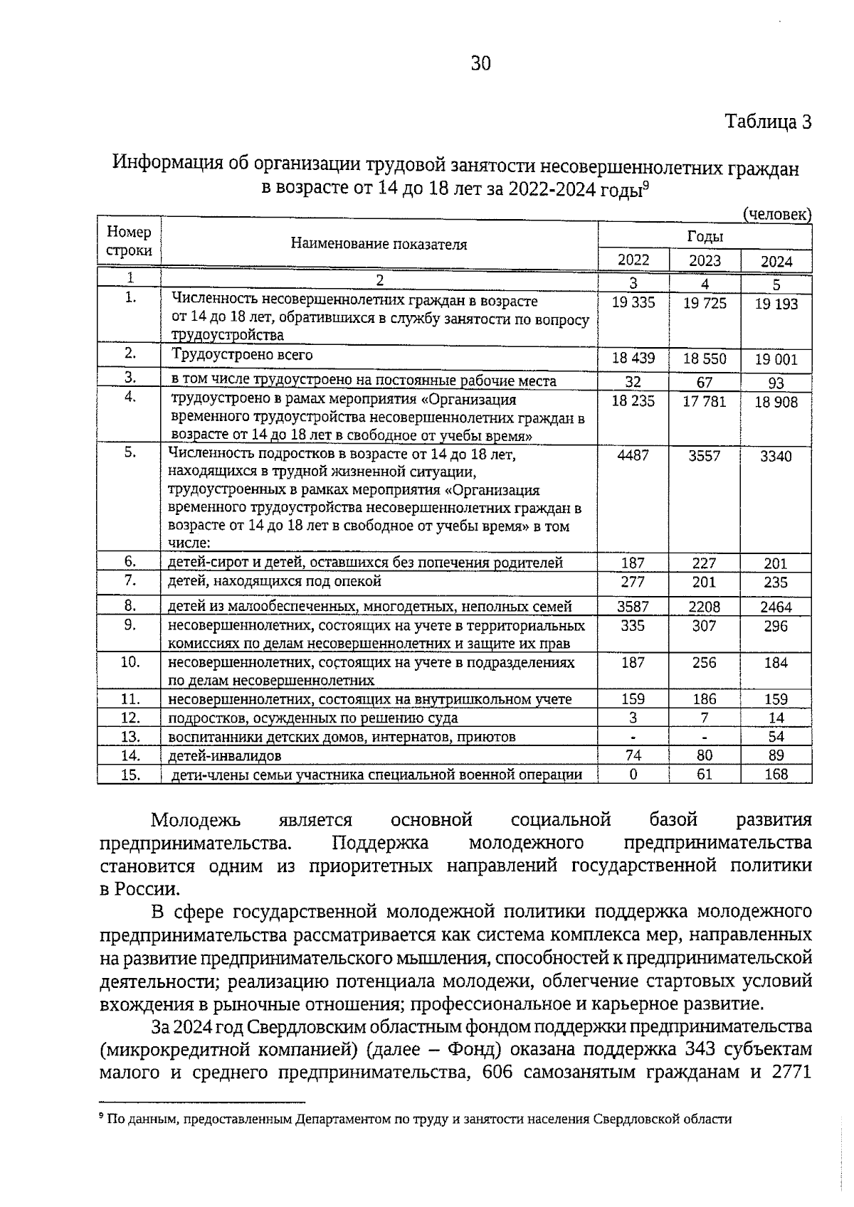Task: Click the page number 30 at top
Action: [x=480, y=64]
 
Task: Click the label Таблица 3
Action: [x=768, y=122]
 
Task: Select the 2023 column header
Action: [x=705, y=260]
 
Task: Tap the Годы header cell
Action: [x=705, y=236]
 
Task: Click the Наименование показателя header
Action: [x=379, y=245]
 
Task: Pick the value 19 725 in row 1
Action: [x=705, y=303]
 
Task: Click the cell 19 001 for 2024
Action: [x=776, y=360]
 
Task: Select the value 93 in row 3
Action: [x=776, y=383]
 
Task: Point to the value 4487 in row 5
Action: [x=633, y=455]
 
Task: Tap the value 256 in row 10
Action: [x=705, y=663]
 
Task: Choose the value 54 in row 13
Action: [x=776, y=737]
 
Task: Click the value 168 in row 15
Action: [x=776, y=774]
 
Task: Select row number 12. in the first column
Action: [x=130, y=718]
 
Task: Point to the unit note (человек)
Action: [x=776, y=214]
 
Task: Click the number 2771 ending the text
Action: [x=791, y=1073]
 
